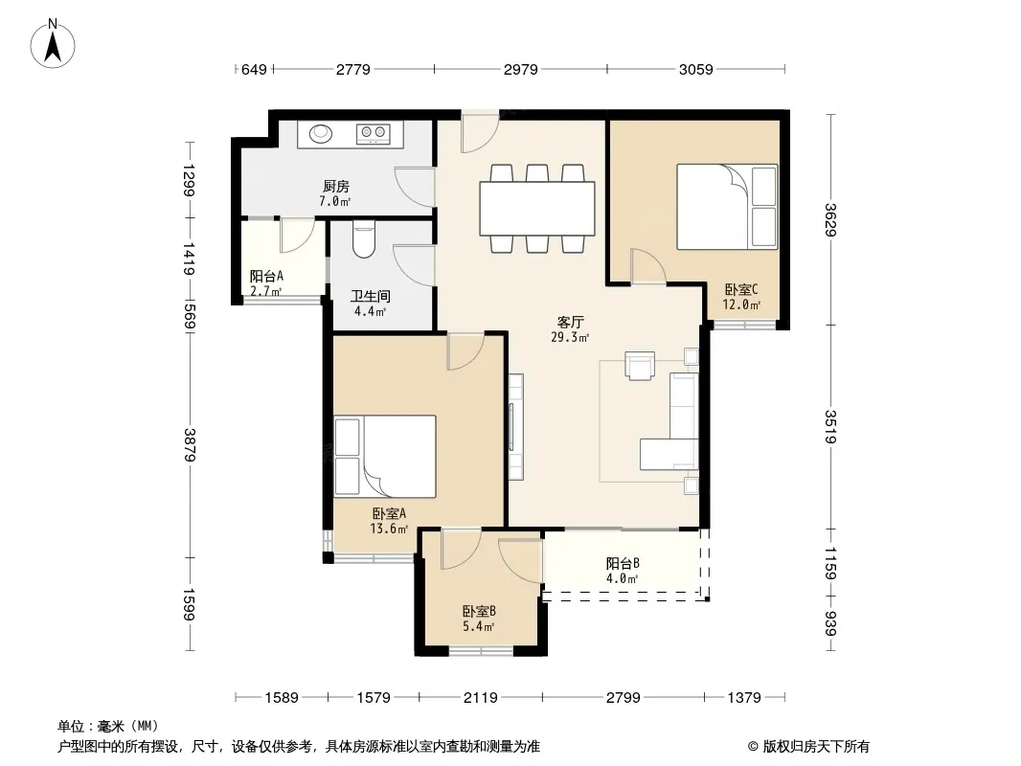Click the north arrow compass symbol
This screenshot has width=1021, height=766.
pyautogui.click(x=53, y=44)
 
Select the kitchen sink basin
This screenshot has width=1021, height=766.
pyautogui.click(x=320, y=133)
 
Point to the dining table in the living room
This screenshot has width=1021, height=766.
pyautogui.click(x=537, y=209)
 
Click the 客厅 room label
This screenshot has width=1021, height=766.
pyautogui.click(x=571, y=322)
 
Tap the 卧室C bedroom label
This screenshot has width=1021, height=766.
pyautogui.click(x=741, y=289)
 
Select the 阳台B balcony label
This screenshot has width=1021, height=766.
pyautogui.click(x=623, y=564)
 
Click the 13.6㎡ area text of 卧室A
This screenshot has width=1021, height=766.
pyautogui.click(x=389, y=529)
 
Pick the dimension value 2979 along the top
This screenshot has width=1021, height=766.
pyautogui.click(x=521, y=69)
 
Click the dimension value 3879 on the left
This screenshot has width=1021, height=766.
pyautogui.click(x=190, y=445)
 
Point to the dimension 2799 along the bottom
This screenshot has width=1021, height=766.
pyautogui.click(x=624, y=698)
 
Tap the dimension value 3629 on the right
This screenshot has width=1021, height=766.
pyautogui.click(x=830, y=220)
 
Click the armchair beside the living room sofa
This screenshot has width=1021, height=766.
pyautogui.click(x=640, y=365)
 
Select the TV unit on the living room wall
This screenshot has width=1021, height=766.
pyautogui.click(x=515, y=427)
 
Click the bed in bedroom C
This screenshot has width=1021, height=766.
pyautogui.click(x=727, y=207)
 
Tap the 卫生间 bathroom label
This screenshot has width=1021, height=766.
pyautogui.click(x=371, y=297)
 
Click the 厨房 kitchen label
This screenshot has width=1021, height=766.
pyautogui.click(x=336, y=187)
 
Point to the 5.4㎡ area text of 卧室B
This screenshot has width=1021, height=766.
pyautogui.click(x=479, y=627)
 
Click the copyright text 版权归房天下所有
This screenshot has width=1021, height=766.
pyautogui.click(x=816, y=747)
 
